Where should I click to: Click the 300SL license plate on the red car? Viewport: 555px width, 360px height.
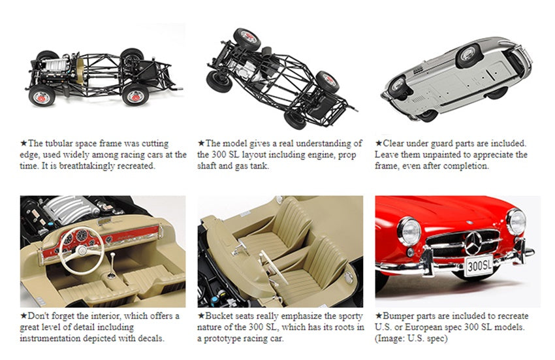(x=478, y=265)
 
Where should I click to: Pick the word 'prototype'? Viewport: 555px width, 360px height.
(x=229, y=338)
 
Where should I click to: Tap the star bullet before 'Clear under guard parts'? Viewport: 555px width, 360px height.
(x=379, y=143)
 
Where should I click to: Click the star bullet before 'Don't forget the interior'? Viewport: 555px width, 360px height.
(x=24, y=316)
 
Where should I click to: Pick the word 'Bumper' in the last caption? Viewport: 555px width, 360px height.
(x=399, y=316)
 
